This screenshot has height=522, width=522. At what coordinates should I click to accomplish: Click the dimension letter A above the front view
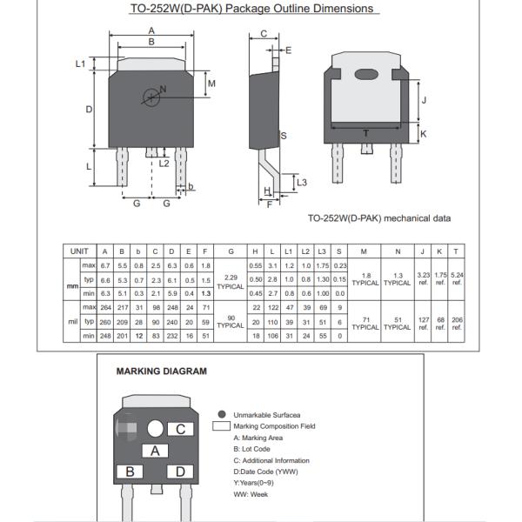pyautogui.click(x=151, y=30)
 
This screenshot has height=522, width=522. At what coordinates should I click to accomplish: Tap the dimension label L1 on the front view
pyautogui.click(x=80, y=64)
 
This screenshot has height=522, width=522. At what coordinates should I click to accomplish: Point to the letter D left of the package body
pyautogui.click(x=89, y=110)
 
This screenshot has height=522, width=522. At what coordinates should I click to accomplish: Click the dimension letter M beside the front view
pyautogui.click(x=211, y=84)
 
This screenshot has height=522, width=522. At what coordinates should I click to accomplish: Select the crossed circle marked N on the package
pyautogui.click(x=152, y=96)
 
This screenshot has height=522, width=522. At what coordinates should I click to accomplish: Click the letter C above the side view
pyautogui.click(x=264, y=35)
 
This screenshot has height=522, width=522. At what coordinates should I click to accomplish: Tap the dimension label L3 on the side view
pyautogui.click(x=301, y=182)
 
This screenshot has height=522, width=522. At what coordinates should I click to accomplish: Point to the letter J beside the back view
pyautogui.click(x=424, y=100)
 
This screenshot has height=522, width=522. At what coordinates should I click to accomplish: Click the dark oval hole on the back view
pyautogui.click(x=366, y=74)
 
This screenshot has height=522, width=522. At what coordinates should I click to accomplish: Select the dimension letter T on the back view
pyautogui.click(x=365, y=133)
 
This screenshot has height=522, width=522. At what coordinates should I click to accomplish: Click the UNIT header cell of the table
pyautogui.click(x=79, y=251)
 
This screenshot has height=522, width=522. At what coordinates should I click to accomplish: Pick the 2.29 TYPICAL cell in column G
pyautogui.click(x=231, y=281)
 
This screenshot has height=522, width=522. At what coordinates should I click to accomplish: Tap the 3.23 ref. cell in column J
pyautogui.click(x=425, y=278)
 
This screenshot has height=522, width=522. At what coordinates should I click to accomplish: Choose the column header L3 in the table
pyautogui.click(x=322, y=251)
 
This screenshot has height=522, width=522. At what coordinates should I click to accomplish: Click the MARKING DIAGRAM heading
pyautogui.click(x=162, y=371)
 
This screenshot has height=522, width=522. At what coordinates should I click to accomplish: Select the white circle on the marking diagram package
pyautogui.click(x=156, y=428)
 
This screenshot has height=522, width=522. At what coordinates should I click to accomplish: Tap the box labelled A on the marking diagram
pyautogui.click(x=155, y=451)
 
